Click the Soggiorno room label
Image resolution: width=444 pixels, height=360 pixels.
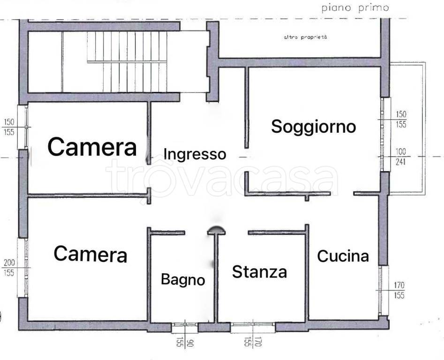tap(314, 127)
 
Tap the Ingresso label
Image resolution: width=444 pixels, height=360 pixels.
tap(195, 154)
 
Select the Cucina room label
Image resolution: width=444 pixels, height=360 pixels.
tap(343, 256)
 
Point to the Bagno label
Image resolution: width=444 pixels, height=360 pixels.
tap(183, 280)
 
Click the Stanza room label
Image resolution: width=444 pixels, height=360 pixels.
tap(259, 272)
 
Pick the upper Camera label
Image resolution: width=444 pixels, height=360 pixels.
tap(92, 147)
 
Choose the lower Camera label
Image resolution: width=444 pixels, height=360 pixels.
tap(90, 254)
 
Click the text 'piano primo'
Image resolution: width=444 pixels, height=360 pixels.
tap(355, 8)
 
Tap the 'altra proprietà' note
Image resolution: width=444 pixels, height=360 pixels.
tap(305, 37)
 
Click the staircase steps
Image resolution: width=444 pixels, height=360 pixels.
tap(127, 61)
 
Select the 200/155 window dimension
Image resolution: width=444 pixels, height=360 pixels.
tap(9, 268)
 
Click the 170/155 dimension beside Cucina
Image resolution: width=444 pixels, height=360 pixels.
tap(399, 290)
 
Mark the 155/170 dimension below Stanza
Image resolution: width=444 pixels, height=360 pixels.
tap(252, 342)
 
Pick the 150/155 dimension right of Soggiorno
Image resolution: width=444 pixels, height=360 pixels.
tap(400, 120)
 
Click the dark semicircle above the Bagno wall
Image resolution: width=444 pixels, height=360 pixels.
tap(216, 229)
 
